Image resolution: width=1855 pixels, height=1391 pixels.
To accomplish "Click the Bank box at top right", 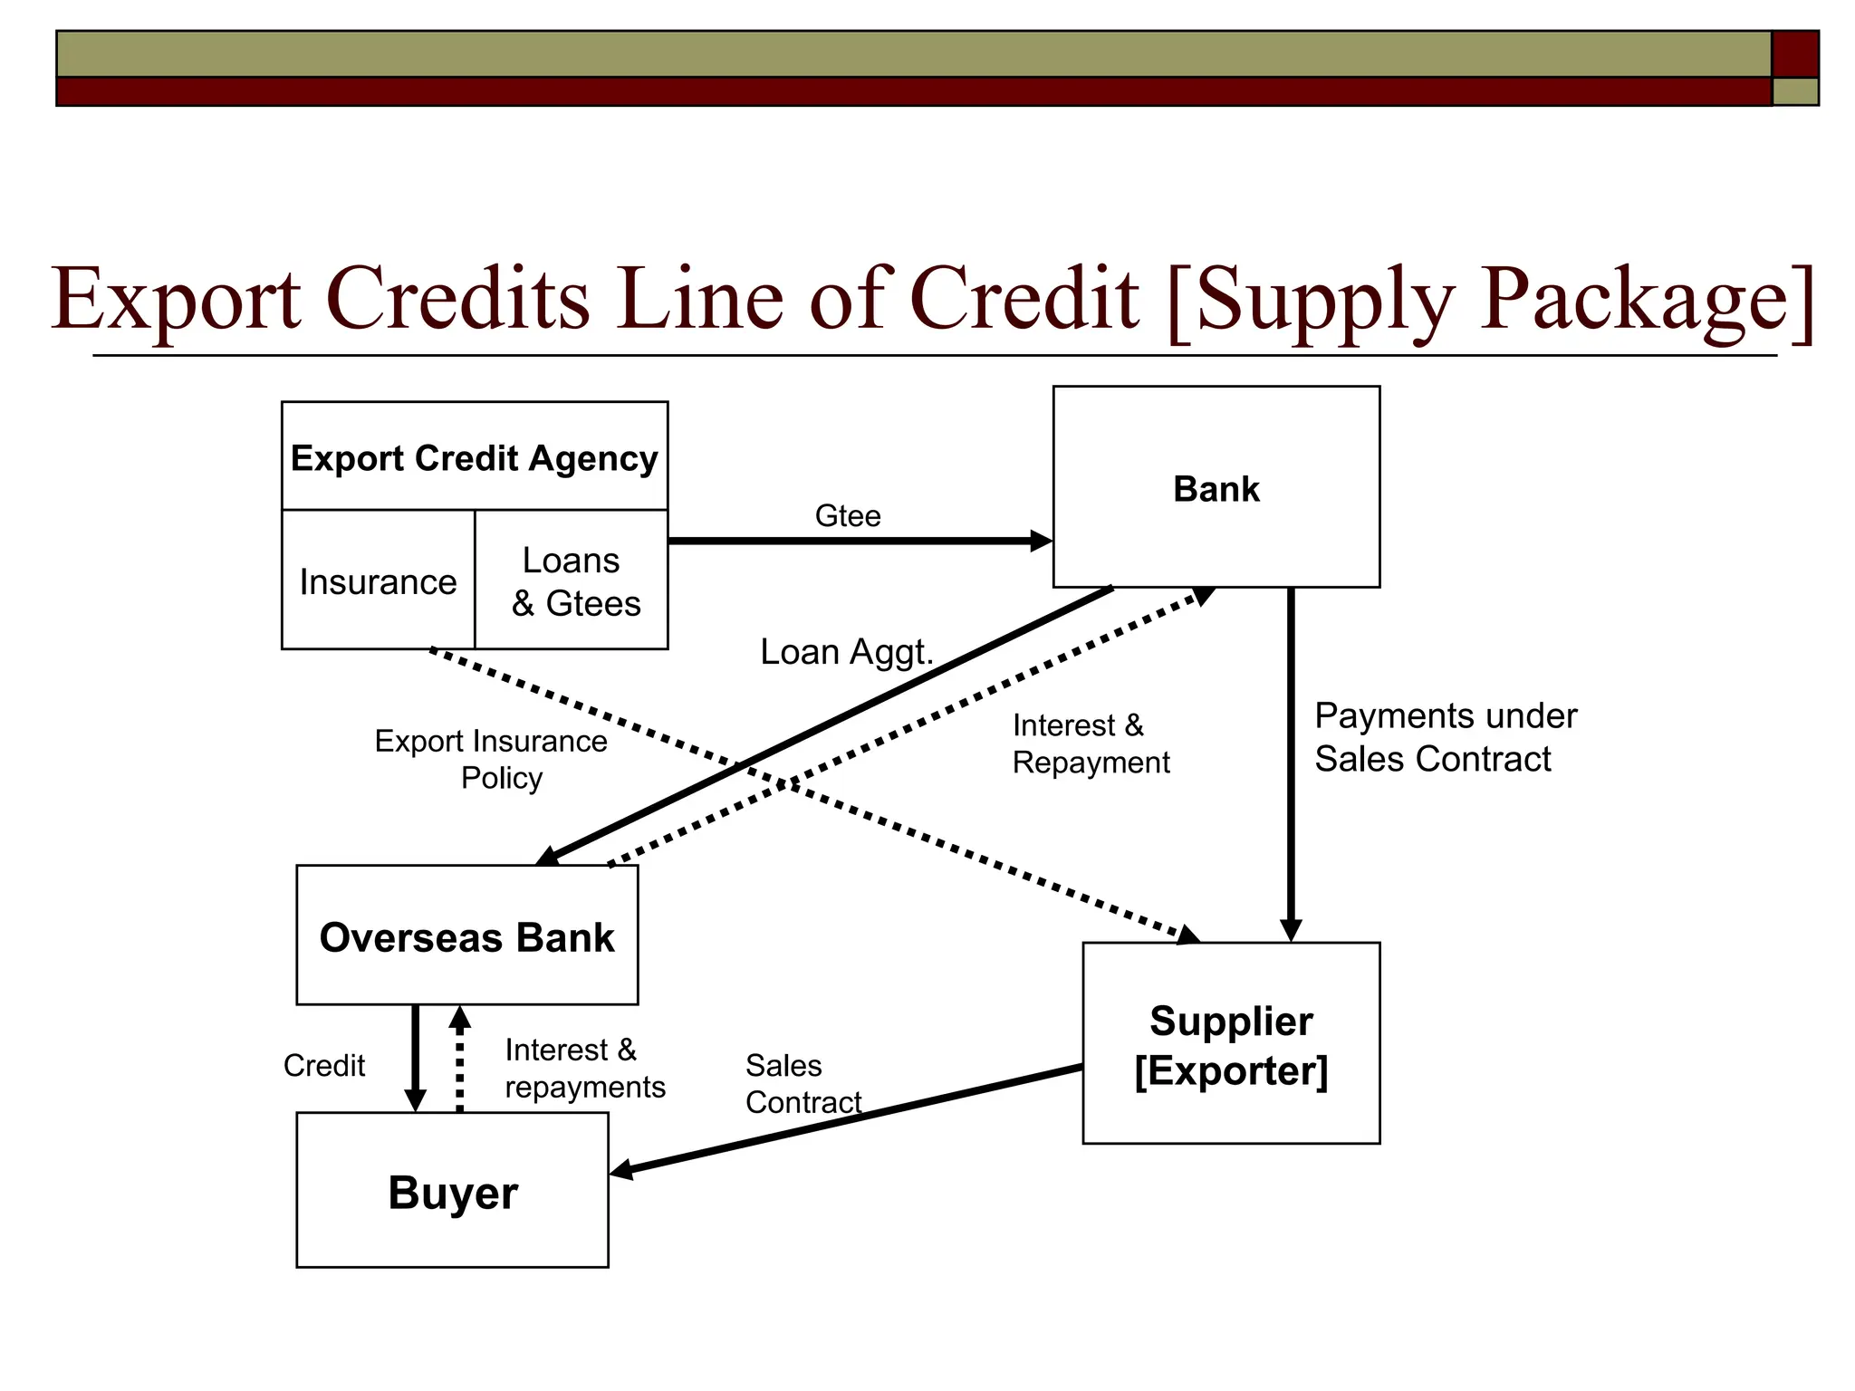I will (x=1216, y=487).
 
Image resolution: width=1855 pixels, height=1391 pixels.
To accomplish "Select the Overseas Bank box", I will (x=466, y=935).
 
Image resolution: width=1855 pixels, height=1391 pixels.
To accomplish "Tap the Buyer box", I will (x=452, y=1190).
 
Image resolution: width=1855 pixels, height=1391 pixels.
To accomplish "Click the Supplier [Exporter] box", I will (x=1230, y=1043).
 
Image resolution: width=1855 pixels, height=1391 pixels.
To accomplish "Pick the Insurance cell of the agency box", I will (x=378, y=580).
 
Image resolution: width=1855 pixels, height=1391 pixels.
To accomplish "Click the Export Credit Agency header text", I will (x=474, y=457).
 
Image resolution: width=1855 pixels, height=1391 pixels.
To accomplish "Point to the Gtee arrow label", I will (x=848, y=515).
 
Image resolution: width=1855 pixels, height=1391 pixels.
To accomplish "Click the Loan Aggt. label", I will (x=846, y=651).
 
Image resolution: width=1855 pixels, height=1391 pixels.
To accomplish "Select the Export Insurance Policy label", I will (x=492, y=759).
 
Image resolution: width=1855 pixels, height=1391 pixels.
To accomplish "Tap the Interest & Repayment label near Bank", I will (x=1090, y=743).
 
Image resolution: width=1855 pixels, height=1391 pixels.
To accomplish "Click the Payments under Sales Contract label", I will (x=1445, y=736).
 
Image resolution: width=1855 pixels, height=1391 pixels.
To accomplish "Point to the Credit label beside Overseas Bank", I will (x=323, y=1065).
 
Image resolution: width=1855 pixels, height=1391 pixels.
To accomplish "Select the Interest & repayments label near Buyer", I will (x=584, y=1068).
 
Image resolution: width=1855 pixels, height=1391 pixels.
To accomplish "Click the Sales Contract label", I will (x=802, y=1083).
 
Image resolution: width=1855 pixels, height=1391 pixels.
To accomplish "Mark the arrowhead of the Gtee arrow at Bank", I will (x=1042, y=541).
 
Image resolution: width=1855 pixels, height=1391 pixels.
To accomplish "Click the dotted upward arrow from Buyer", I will (x=459, y=1060).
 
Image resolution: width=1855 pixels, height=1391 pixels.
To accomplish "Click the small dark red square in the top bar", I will (x=1794, y=53).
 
